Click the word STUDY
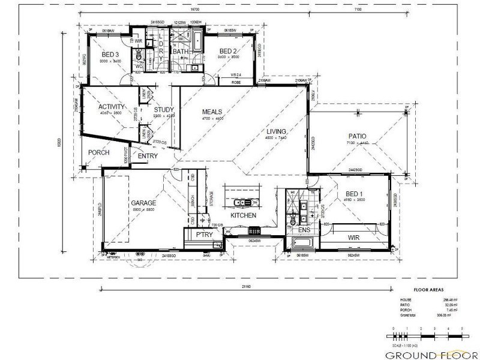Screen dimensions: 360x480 pyautogui.click(x=163, y=109)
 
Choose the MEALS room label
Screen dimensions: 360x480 pyautogui.click(x=212, y=112)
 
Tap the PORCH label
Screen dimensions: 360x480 pyautogui.click(x=98, y=152)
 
